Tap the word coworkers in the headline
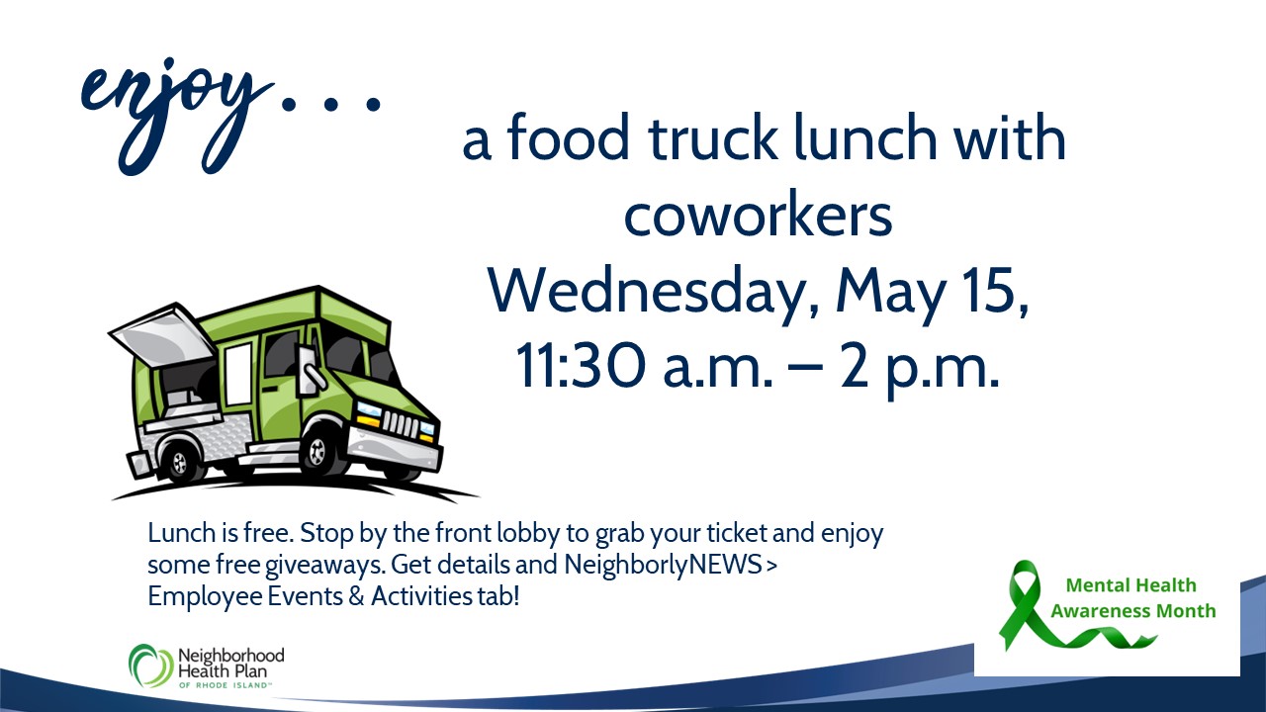pos(758,216)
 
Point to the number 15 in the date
pos(997,290)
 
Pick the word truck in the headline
pos(713,137)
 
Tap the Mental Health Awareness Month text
pos(1132,598)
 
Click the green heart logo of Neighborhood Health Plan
pos(150,665)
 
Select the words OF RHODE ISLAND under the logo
pos(224,685)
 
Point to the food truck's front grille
pos(401,424)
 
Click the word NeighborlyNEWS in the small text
pos(663,565)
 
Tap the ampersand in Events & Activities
pos(356,596)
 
